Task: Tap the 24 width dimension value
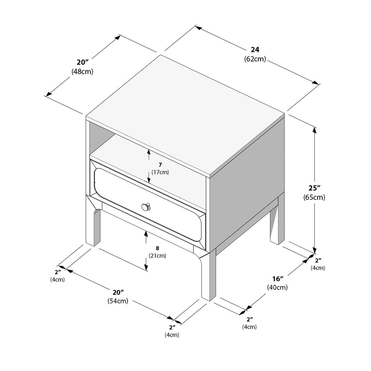(x=255, y=50)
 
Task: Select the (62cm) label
(x=255, y=59)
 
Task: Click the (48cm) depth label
(x=83, y=71)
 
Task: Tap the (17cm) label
(x=160, y=172)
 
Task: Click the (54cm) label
(x=118, y=301)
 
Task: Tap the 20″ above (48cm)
(x=83, y=62)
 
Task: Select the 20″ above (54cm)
(x=118, y=293)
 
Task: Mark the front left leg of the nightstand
(x=94, y=227)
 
